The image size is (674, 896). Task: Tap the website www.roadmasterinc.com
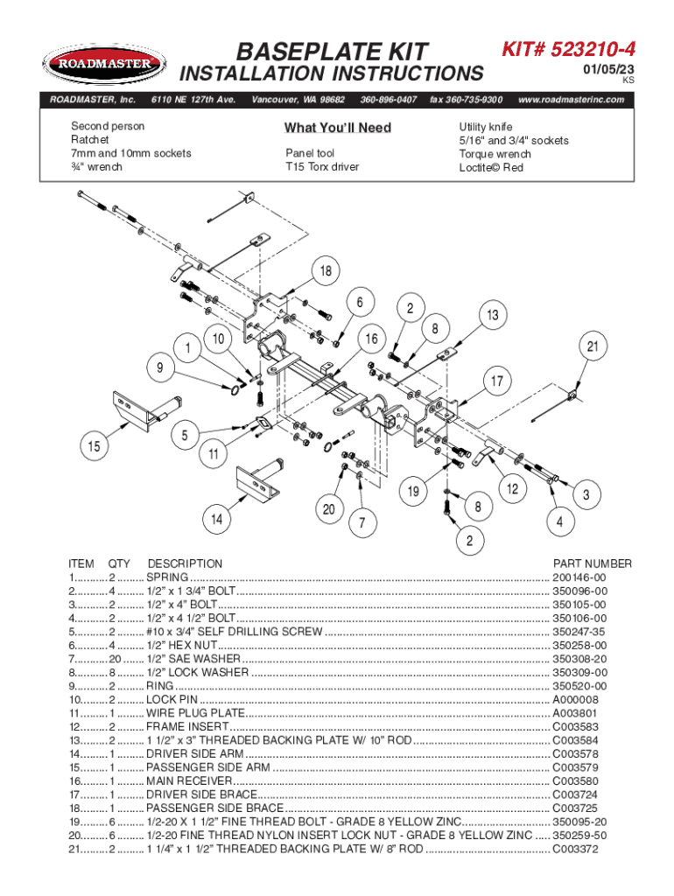point(571,100)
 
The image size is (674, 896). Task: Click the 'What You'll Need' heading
point(337,129)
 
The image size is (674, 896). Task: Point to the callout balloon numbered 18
point(326,272)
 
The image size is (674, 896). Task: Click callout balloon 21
point(593,347)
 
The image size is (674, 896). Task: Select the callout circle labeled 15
point(92,446)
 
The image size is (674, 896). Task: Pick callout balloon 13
point(493,315)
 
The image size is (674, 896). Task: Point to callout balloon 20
point(329,510)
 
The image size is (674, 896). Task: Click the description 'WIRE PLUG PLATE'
point(195,713)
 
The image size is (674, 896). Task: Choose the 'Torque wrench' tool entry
point(495,154)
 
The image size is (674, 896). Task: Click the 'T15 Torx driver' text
point(321,167)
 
